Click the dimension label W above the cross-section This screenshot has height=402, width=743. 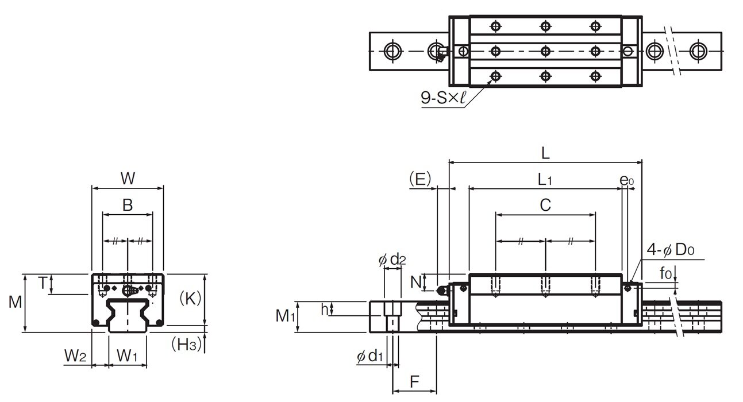coord(128,179)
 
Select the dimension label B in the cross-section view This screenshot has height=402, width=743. coord(128,205)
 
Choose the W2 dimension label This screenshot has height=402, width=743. coord(75,357)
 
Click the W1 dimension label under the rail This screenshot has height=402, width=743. coord(127,357)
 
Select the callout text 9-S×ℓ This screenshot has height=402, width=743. coord(441,99)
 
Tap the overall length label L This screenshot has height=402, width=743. coord(545,153)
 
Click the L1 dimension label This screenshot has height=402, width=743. coord(545,179)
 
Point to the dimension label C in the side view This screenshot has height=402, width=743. coord(545,204)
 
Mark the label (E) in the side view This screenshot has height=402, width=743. coord(420,179)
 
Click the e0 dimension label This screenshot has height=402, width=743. coord(627,180)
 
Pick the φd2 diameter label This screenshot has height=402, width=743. coord(392,260)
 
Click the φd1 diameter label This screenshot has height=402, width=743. coord(370,357)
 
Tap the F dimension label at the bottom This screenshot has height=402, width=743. coord(414,381)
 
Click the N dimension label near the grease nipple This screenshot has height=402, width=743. coord(415,281)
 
